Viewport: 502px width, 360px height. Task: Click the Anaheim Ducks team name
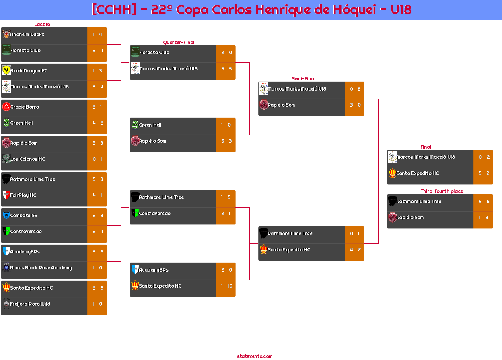click(x=27, y=35)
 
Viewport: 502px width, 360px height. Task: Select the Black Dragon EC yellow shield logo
click(x=6, y=70)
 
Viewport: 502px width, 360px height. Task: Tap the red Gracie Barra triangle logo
click(x=6, y=107)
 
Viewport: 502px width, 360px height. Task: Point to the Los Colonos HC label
click(x=28, y=159)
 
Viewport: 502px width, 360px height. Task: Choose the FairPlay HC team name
click(x=23, y=195)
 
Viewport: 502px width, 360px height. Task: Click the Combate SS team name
click(x=24, y=216)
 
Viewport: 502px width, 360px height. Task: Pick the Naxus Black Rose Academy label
click(x=41, y=268)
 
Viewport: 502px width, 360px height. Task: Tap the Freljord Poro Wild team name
click(x=30, y=304)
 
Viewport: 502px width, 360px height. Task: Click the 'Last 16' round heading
click(x=42, y=25)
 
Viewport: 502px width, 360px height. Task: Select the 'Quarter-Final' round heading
click(x=178, y=43)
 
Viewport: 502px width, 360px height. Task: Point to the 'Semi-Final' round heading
click(x=303, y=79)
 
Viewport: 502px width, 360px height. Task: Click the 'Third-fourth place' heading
click(x=441, y=191)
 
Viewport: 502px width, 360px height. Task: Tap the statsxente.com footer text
click(x=255, y=356)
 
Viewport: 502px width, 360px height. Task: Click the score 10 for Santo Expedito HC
click(x=230, y=286)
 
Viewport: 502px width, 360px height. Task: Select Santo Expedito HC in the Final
click(x=418, y=173)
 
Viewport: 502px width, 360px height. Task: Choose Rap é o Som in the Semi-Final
click(x=281, y=105)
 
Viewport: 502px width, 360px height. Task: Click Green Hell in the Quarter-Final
click(x=150, y=125)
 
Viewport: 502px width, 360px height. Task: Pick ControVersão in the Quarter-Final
click(x=154, y=214)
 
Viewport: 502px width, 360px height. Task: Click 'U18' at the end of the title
click(x=401, y=10)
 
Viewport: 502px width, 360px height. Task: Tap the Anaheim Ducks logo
click(x=6, y=34)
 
